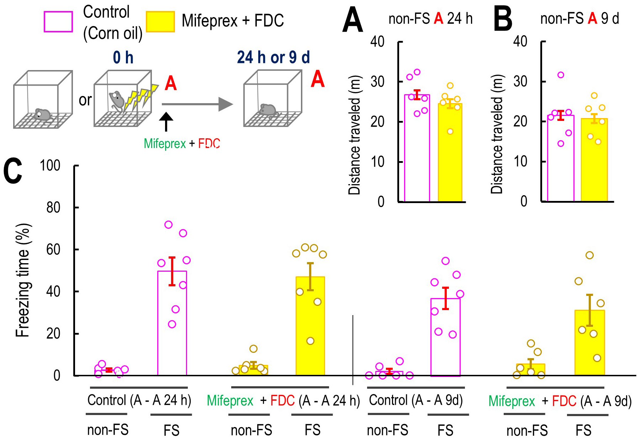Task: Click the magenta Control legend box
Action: (x=58, y=22)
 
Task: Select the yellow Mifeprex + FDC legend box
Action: (x=160, y=22)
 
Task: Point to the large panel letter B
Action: (x=503, y=20)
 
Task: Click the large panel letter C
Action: (x=13, y=171)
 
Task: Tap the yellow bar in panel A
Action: (x=450, y=153)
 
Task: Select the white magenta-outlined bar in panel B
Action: (x=561, y=158)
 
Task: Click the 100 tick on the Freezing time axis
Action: (x=50, y=166)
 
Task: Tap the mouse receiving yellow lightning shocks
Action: (x=117, y=101)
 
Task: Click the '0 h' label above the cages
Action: (x=123, y=58)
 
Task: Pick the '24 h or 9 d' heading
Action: (x=274, y=57)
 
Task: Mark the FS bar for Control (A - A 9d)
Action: (x=445, y=337)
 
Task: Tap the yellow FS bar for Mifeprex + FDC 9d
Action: (x=589, y=342)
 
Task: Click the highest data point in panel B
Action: (x=561, y=75)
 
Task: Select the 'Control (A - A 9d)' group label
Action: (x=416, y=400)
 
